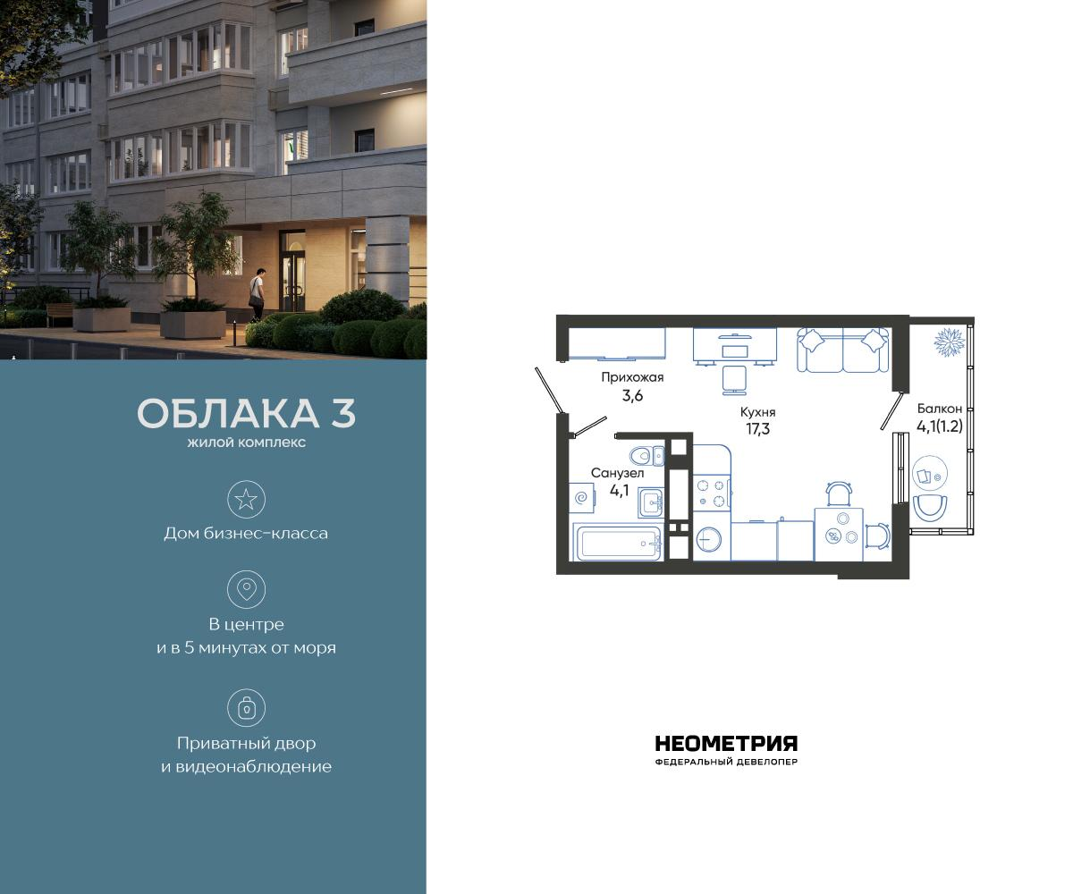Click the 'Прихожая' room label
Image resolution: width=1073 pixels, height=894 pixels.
(631, 377)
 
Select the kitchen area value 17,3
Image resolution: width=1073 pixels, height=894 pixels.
(756, 428)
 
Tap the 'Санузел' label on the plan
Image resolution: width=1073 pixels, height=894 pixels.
(617, 472)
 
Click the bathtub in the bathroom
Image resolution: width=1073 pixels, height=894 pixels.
(618, 542)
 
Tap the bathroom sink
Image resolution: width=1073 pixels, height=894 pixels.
(651, 503)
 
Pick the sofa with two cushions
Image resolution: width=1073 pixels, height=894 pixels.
(843, 350)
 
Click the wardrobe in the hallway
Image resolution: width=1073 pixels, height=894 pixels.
(617, 343)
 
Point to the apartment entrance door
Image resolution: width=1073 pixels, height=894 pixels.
(548, 391)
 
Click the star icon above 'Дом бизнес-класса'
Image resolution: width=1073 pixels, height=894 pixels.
(246, 499)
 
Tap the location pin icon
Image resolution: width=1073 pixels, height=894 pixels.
(246, 589)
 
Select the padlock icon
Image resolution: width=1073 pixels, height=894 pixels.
(246, 708)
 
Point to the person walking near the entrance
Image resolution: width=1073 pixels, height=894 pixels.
(258, 292)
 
